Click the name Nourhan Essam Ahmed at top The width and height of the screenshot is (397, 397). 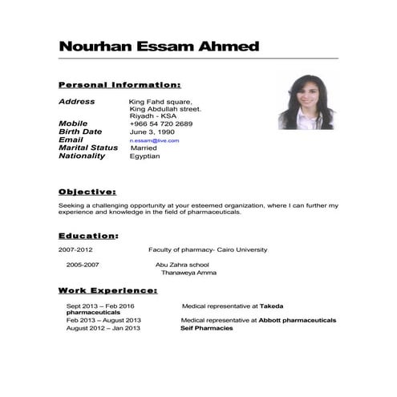click(x=159, y=46)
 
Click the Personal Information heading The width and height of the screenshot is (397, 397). click(x=120, y=84)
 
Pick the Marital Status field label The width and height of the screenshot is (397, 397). click(x=88, y=148)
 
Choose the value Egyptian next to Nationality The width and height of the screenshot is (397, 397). click(x=144, y=156)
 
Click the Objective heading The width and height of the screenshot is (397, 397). click(x=87, y=192)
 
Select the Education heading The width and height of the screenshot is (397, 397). click(x=88, y=236)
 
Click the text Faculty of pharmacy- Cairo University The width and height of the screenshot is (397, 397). click(x=208, y=250)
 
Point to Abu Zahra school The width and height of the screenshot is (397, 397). click(x=182, y=264)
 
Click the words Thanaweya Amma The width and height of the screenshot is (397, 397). click(x=188, y=273)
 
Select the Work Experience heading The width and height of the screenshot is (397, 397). click(x=107, y=290)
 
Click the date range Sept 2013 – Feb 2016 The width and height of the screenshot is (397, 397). click(x=100, y=306)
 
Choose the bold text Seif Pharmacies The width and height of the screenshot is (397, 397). click(x=206, y=328)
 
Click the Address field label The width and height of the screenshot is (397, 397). click(x=77, y=102)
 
